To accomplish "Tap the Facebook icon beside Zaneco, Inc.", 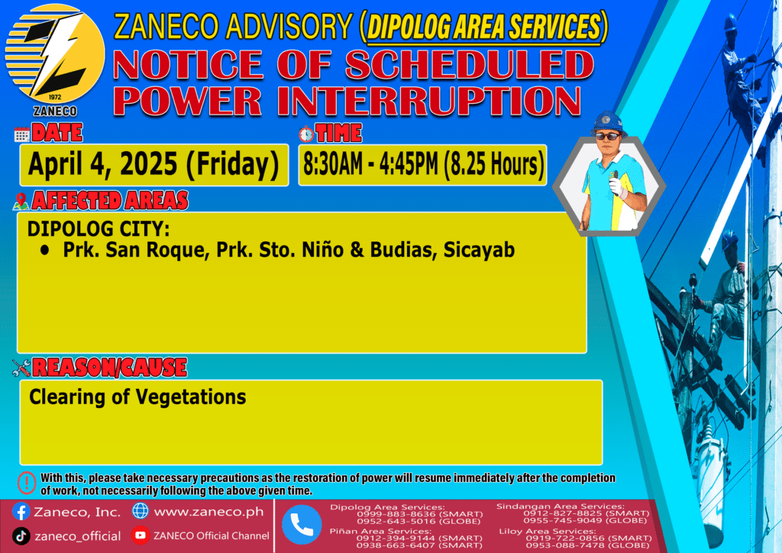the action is (21, 512).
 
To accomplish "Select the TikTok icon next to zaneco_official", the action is (21, 536).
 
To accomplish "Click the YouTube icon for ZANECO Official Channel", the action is (141, 535).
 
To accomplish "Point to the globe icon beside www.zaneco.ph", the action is (141, 511).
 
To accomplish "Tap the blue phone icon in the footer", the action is (302, 525).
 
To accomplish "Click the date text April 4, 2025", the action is (102, 164).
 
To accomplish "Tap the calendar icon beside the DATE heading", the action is (22, 134).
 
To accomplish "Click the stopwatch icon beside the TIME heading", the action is (306, 134).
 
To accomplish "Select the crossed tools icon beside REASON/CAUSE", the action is (21, 368).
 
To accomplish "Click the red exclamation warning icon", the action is (27, 483).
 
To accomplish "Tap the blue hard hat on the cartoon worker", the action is (608, 123).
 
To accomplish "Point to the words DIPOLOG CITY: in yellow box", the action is (99, 229).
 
